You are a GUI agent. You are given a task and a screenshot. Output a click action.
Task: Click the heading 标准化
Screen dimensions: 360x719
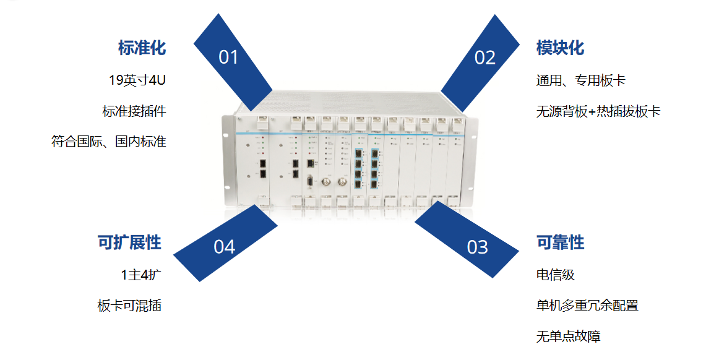pyautogui.click(x=142, y=48)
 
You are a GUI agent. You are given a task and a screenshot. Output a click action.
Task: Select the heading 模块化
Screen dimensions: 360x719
pyautogui.click(x=560, y=48)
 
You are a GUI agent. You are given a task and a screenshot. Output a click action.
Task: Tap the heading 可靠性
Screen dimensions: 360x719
pyautogui.click(x=560, y=242)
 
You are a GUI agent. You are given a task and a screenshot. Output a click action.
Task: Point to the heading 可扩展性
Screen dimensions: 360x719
pyautogui.click(x=129, y=242)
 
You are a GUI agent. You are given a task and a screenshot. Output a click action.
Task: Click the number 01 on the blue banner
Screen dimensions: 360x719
pyautogui.click(x=228, y=58)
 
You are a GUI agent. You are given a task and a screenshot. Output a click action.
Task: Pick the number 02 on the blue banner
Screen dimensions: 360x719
pyautogui.click(x=485, y=58)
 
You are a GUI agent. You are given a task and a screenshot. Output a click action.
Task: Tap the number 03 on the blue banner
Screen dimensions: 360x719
pyautogui.click(x=477, y=247)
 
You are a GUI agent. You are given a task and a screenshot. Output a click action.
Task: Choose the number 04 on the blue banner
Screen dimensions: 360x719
pyautogui.click(x=225, y=247)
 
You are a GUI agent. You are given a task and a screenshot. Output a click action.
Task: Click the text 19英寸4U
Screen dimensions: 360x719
pyautogui.click(x=137, y=80)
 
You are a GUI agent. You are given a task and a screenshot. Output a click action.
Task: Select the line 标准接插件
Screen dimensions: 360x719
pyautogui.click(x=134, y=111)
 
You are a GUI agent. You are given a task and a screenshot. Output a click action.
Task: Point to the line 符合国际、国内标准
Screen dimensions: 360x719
pyautogui.click(x=108, y=142)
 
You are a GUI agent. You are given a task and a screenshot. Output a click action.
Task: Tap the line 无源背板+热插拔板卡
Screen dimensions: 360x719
pyautogui.click(x=598, y=112)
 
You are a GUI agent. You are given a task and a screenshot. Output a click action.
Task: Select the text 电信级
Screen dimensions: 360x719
pyautogui.click(x=556, y=275)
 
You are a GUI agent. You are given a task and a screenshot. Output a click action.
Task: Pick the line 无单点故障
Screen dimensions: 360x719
pyautogui.click(x=568, y=337)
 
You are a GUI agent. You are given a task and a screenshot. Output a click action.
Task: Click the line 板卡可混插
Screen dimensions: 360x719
pyautogui.click(x=129, y=306)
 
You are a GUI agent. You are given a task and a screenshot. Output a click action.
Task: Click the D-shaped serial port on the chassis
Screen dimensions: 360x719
pyautogui.click(x=309, y=181)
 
